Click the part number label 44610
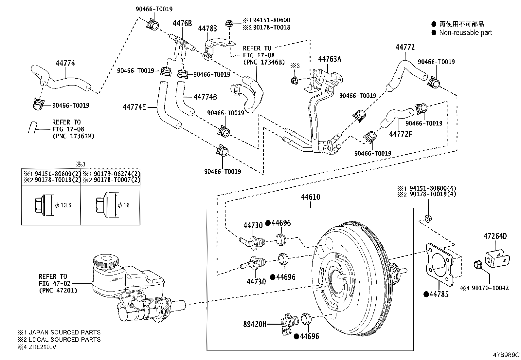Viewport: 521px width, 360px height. coord(311,197)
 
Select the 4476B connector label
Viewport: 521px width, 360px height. coord(182,23)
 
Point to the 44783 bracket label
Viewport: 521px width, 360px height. coord(207,28)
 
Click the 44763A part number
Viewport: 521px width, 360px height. coord(330,59)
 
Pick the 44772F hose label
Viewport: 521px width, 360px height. coord(401,134)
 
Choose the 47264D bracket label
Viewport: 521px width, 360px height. coord(495,236)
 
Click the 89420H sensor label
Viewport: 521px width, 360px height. coord(255,324)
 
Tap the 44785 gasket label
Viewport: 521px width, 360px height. coord(439,294)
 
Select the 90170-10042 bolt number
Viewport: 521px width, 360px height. coord(490,288)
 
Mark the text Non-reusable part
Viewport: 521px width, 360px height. coord(465,32)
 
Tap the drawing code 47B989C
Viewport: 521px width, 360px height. coord(506,355)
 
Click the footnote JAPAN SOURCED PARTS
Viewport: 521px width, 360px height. coord(63,332)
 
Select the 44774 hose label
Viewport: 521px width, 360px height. coord(65,63)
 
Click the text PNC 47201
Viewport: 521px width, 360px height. coord(58,290)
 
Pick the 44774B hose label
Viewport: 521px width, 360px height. coord(205,97)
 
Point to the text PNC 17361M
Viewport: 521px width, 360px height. coord(73,136)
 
